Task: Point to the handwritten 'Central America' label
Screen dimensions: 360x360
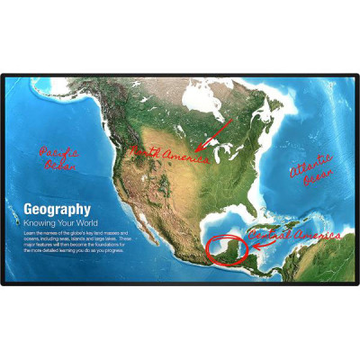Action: click(x=285, y=236)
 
